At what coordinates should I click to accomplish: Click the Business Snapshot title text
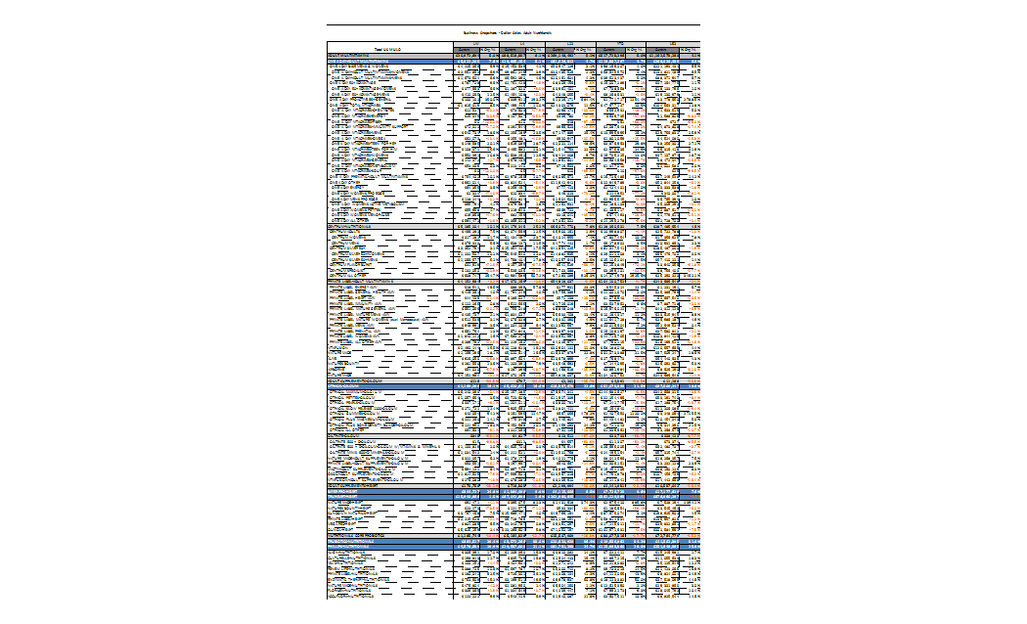[x=514, y=32]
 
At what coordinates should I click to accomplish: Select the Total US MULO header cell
[x=389, y=48]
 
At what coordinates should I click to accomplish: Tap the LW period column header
[x=475, y=43]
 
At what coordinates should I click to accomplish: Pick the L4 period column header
[x=523, y=43]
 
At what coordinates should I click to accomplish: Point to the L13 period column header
[x=571, y=43]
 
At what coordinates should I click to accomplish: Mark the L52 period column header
[x=674, y=43]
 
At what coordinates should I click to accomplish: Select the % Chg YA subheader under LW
[x=490, y=49]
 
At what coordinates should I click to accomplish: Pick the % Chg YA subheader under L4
[x=538, y=49]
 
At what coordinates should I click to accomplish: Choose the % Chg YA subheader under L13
[x=586, y=49]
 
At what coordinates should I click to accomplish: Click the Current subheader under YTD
[x=611, y=49]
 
